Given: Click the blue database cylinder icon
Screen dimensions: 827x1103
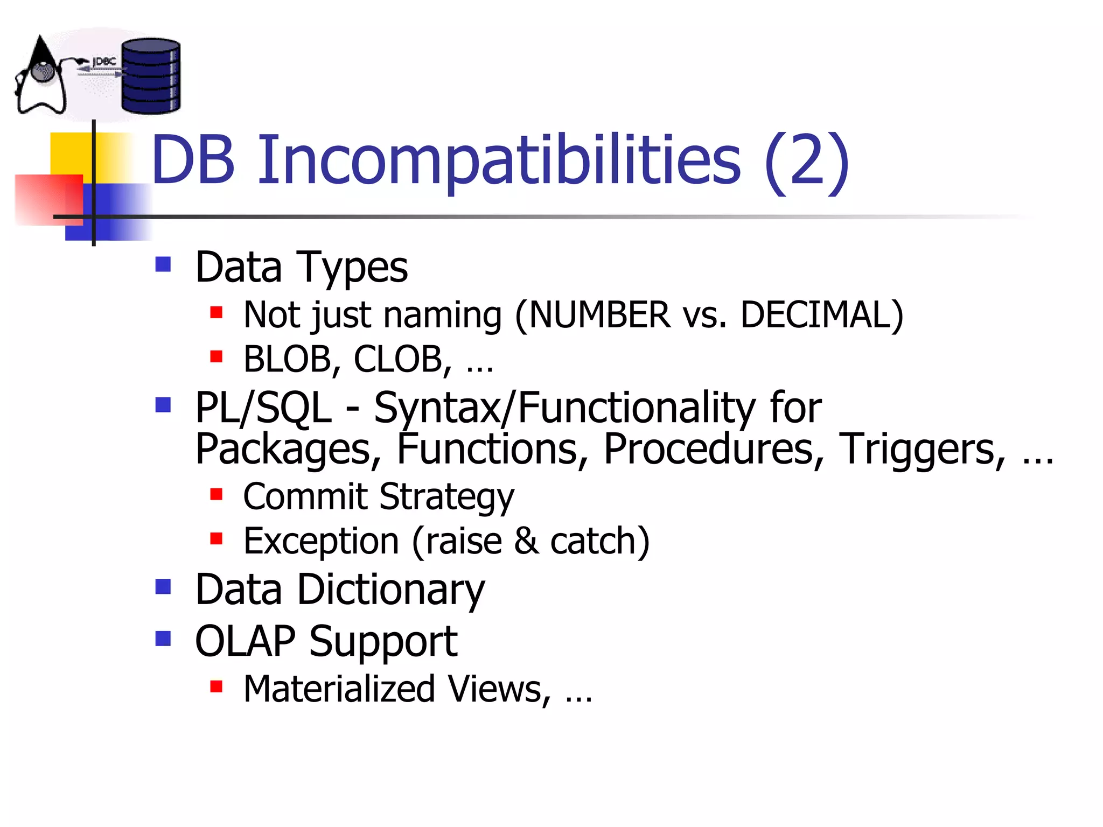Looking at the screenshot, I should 151,76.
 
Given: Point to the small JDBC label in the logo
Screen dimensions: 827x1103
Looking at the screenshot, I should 104,62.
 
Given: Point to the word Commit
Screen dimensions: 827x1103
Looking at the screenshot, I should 305,496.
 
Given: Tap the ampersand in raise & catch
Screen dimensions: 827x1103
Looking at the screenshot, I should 526,541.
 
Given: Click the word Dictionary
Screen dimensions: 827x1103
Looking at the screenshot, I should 391,590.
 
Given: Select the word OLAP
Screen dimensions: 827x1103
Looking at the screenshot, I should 245,641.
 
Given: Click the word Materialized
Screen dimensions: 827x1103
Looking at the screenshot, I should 339,689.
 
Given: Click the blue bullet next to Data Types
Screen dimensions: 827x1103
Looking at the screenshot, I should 163,264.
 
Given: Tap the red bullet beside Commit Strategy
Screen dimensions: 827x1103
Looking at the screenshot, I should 216,494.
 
